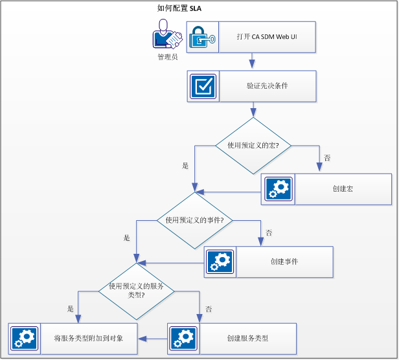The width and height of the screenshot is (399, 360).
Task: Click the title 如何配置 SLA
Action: (x=179, y=8)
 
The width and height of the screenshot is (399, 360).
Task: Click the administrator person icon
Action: (x=166, y=34)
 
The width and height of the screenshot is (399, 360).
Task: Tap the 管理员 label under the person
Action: (x=167, y=57)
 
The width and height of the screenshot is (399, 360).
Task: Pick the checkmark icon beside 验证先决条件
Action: (x=204, y=86)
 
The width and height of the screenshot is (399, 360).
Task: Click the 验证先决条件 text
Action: (x=267, y=86)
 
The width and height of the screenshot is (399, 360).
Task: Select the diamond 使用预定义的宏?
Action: (x=253, y=146)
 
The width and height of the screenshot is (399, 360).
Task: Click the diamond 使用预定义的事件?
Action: (x=194, y=220)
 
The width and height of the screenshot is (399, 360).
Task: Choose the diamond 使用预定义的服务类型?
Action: (x=135, y=289)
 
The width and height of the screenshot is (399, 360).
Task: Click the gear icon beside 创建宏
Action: (x=278, y=189)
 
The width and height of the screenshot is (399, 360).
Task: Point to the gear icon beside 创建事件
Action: (x=220, y=262)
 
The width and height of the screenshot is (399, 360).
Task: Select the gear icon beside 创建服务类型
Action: (x=183, y=338)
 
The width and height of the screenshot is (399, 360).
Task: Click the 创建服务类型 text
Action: (x=247, y=338)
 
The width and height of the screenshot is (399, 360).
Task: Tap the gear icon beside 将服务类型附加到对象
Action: (x=25, y=338)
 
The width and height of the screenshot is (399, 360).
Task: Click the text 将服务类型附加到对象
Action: (x=89, y=338)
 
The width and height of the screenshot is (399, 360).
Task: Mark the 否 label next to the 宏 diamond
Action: (x=327, y=157)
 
